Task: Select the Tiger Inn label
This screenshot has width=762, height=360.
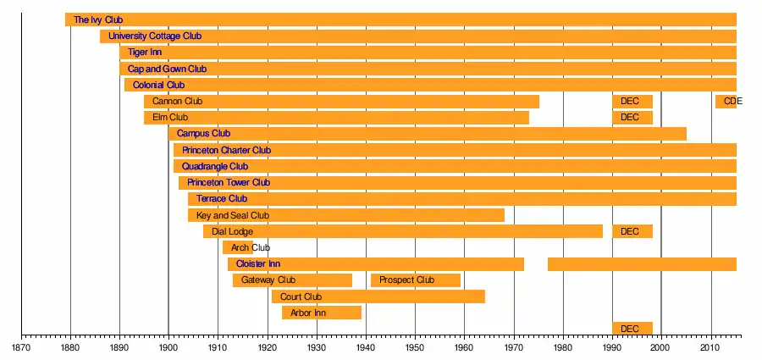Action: (144, 53)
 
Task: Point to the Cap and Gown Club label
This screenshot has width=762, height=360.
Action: (167, 69)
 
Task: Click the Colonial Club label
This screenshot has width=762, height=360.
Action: (158, 85)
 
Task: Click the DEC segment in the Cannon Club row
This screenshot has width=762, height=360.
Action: (632, 102)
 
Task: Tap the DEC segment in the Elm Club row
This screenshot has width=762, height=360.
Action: (632, 118)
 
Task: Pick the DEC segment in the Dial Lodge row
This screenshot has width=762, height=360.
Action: (632, 231)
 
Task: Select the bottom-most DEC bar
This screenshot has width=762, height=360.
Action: (632, 329)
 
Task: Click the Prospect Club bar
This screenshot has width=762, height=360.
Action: (415, 280)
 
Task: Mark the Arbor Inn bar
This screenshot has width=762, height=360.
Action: (322, 313)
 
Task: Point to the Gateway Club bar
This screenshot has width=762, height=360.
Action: (292, 280)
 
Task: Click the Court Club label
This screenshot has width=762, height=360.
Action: (301, 296)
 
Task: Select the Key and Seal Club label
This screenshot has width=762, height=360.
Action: (232, 215)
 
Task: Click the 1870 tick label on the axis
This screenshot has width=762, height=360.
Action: (21, 347)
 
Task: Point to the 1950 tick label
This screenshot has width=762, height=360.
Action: (415, 347)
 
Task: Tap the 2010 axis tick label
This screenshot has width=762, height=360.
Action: (710, 347)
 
